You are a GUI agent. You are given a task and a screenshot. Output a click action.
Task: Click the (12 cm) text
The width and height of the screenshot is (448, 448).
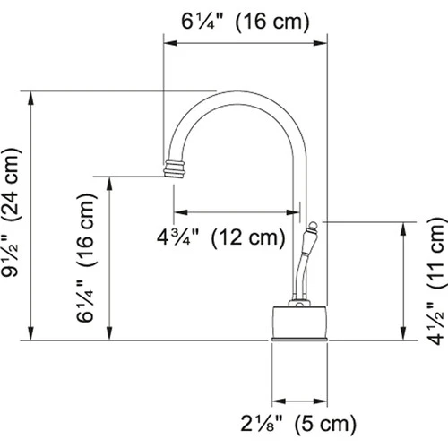[246, 238]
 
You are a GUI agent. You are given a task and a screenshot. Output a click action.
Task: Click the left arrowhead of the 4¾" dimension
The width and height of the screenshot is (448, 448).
[177, 212]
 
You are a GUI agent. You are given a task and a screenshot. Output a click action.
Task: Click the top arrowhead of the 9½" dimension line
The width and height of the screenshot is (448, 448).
[31, 95]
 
